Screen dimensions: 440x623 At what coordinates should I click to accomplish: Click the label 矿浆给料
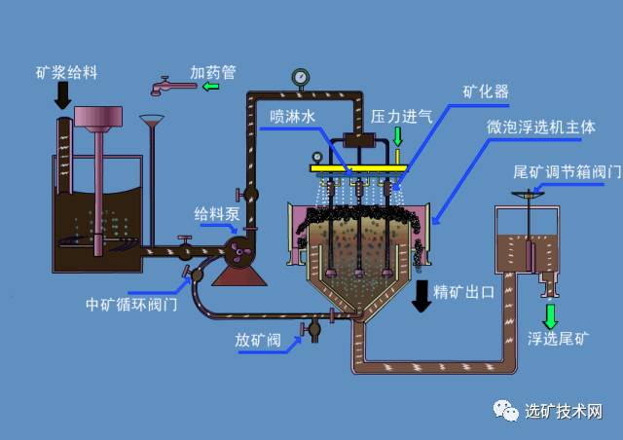tap(66, 71)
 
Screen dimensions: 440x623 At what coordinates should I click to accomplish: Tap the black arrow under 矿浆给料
tap(63, 95)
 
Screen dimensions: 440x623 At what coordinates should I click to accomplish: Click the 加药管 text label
tap(212, 72)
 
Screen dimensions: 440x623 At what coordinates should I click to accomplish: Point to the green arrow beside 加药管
tap(211, 88)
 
